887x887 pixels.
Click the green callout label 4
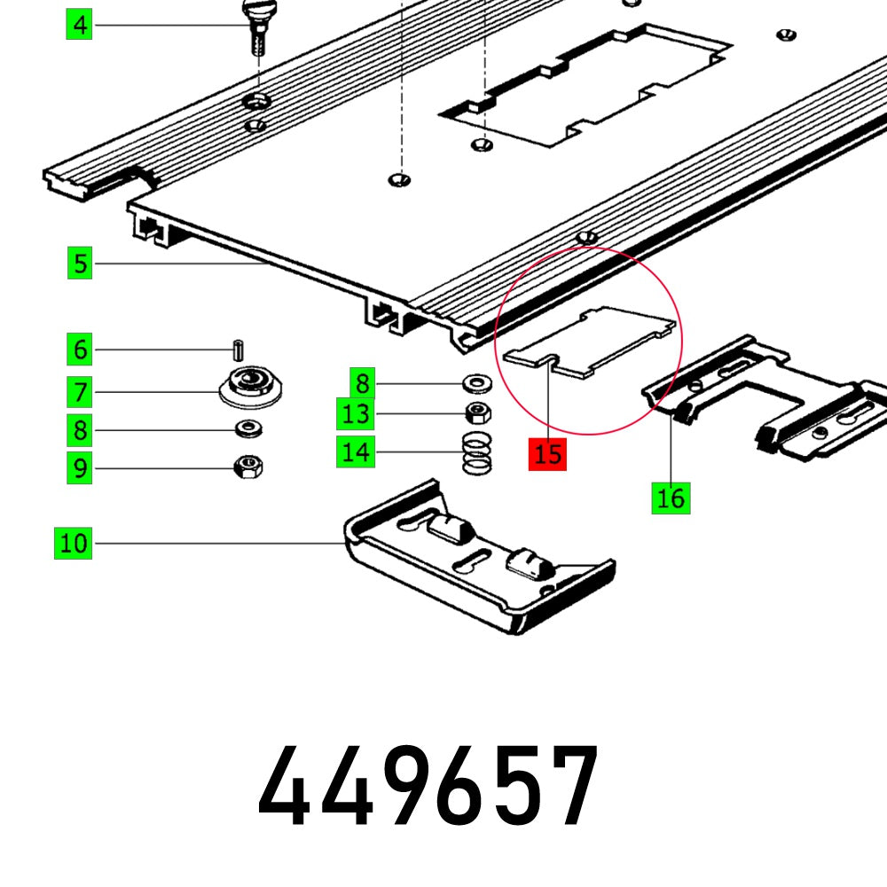point(81,25)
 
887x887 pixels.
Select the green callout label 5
point(81,263)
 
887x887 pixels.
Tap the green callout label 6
point(81,349)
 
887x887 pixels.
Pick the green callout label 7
point(81,390)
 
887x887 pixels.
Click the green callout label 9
point(81,467)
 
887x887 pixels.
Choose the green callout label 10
point(75,542)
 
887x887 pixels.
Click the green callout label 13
point(356,413)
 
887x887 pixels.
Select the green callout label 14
point(356,452)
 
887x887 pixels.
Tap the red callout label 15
point(548,454)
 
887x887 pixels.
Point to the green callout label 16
point(671,498)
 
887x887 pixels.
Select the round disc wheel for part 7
point(242,387)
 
